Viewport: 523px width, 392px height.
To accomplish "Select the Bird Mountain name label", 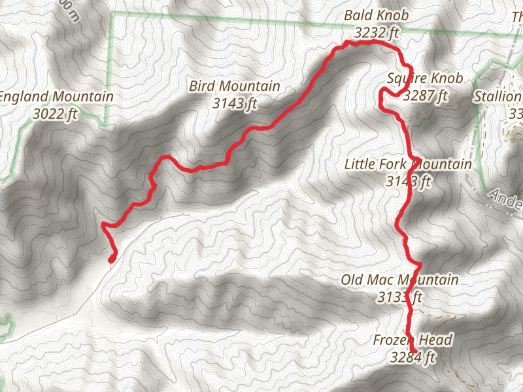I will (x=235, y=86).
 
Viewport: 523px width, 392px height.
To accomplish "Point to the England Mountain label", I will (x=56, y=97).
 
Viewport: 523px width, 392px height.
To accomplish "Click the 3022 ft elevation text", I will (x=56, y=112).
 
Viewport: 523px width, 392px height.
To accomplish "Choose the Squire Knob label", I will (x=425, y=79).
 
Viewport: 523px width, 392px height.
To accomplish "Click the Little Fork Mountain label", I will (x=408, y=165).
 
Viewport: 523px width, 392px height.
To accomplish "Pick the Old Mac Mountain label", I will (x=399, y=280).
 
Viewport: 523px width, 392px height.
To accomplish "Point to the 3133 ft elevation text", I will (x=399, y=297).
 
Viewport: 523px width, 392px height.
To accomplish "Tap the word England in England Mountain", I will (x=25, y=97).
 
